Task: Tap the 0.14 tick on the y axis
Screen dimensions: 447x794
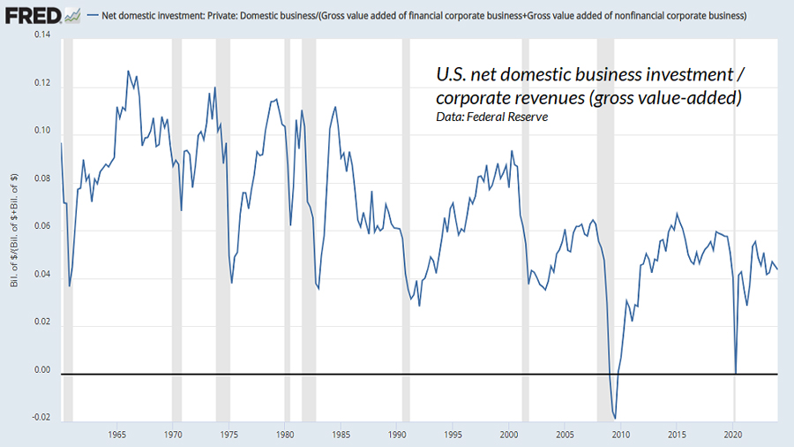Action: tap(41, 35)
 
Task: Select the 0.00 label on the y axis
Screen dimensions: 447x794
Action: tap(41, 369)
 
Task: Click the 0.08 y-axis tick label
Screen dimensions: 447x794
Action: tap(41, 179)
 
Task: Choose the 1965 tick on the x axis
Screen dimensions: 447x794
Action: tap(117, 435)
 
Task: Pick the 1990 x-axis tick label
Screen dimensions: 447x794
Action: tap(397, 435)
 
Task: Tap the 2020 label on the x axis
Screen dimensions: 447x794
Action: tap(732, 435)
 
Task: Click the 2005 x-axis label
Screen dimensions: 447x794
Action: tap(565, 435)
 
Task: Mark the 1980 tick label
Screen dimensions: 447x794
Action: tap(285, 435)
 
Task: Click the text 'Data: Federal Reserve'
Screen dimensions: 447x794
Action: tap(491, 117)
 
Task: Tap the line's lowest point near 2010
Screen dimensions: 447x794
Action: tap(615, 418)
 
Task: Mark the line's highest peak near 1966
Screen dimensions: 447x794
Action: tap(128, 72)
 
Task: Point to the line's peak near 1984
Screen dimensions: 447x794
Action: tap(335, 107)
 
